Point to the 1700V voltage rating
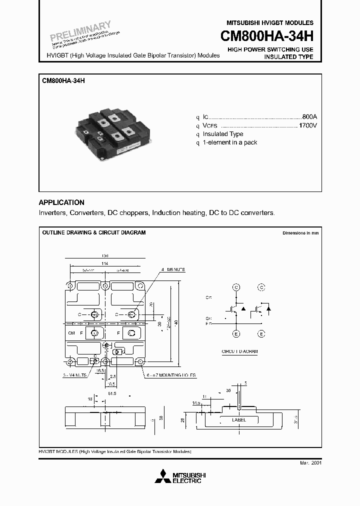pos(307,125)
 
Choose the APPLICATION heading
pos(61,202)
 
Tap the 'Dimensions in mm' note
pos(300,233)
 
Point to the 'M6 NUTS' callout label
pos(175,269)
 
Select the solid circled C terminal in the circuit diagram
pos(236,287)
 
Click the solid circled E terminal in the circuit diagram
pos(236,333)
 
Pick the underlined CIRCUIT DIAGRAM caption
pos(239,351)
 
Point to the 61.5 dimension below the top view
pos(111,393)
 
